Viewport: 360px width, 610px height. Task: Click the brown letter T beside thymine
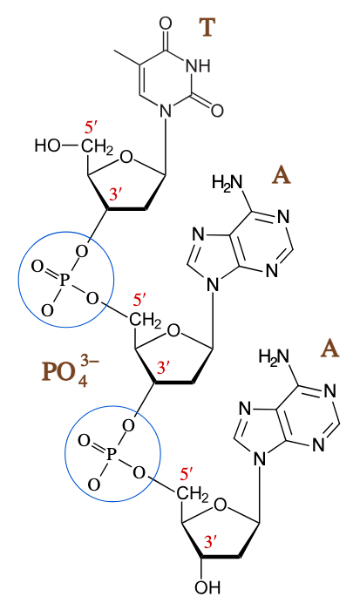tap(207, 28)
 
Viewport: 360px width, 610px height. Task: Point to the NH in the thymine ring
tap(198, 66)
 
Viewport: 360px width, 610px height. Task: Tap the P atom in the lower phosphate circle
tap(111, 453)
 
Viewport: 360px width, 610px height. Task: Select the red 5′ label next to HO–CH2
tap(91, 128)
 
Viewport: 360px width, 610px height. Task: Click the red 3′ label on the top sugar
tap(116, 193)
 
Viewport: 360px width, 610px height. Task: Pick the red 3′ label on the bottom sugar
tap(210, 542)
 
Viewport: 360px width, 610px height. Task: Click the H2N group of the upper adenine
tap(227, 182)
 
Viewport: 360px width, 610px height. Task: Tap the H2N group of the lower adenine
tap(275, 356)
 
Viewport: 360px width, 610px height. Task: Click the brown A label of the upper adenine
tap(282, 176)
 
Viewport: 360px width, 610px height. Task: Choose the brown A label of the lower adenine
tap(329, 349)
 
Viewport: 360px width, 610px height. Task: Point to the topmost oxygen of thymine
tap(166, 24)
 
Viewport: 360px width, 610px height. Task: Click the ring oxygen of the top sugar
tap(126, 157)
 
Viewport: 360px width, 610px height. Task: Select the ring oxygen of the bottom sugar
tap(221, 505)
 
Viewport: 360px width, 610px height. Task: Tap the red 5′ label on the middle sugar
tap(139, 301)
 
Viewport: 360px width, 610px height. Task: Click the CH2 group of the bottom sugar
tap(192, 494)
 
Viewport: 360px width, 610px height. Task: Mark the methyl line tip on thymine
tap(114, 51)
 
